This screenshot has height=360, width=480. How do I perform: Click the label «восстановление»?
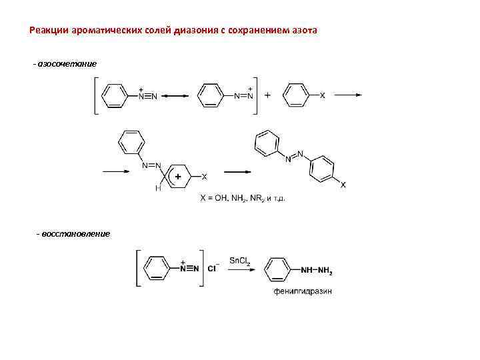point(75,233)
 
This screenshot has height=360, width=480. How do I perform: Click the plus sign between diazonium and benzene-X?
point(268,95)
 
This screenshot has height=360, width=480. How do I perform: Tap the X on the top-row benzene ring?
point(323,96)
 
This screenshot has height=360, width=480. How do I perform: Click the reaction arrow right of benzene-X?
point(347,95)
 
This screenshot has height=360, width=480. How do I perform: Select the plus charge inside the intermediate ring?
point(178,176)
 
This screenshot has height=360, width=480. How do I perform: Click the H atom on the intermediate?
point(157,188)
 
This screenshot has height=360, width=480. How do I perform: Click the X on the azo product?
point(343,185)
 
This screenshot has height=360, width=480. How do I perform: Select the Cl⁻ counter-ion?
point(213,269)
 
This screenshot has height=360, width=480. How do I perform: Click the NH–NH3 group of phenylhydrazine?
point(317,269)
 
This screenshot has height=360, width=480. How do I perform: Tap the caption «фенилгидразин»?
point(303,291)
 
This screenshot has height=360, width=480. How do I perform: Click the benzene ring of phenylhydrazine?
point(277,269)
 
